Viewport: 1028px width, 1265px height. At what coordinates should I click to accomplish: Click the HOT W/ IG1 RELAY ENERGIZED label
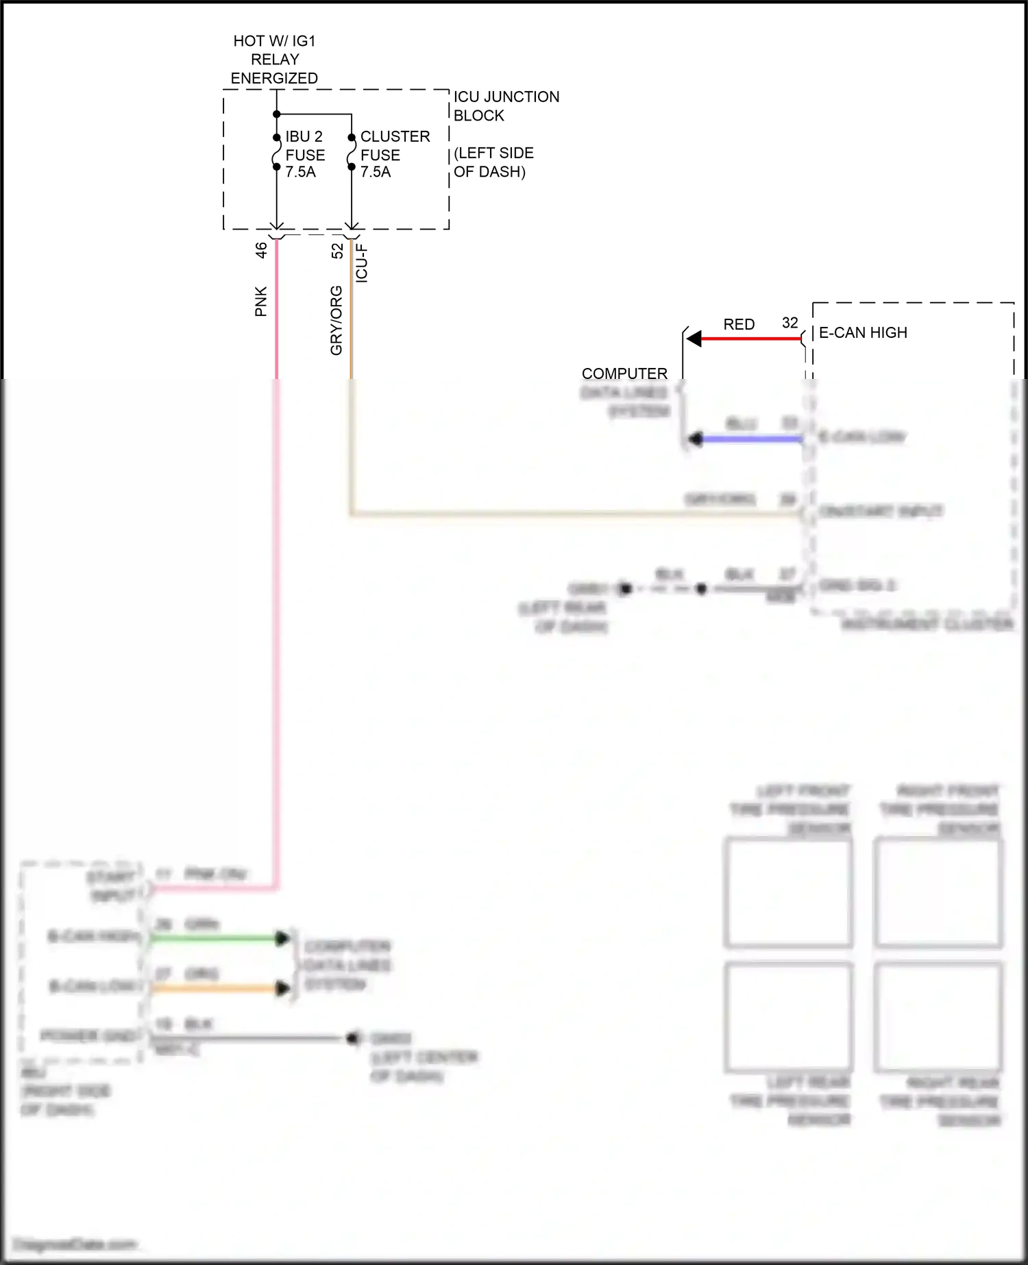tap(274, 60)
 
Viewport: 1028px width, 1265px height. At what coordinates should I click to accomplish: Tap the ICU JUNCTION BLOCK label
tap(506, 106)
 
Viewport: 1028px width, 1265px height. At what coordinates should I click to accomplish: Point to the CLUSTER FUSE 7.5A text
tap(395, 154)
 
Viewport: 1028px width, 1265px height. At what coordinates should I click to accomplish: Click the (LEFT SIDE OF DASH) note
tap(493, 162)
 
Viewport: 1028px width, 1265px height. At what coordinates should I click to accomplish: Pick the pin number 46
tap(261, 250)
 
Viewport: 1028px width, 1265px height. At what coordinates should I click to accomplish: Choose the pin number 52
tap(337, 251)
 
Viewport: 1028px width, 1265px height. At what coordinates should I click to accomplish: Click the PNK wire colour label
tap(261, 302)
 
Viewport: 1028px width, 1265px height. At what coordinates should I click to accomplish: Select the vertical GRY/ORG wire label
tap(336, 321)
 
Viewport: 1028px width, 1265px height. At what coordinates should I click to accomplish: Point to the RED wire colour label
tap(739, 324)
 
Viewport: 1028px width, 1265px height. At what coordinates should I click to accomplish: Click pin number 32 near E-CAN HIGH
tap(790, 323)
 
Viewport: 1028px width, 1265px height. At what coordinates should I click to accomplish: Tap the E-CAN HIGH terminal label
tap(863, 332)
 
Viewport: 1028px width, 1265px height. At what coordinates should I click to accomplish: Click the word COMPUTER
tap(624, 373)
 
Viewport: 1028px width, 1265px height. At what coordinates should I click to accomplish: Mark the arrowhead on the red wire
tap(694, 339)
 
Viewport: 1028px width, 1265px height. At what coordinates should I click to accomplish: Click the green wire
tap(212, 938)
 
